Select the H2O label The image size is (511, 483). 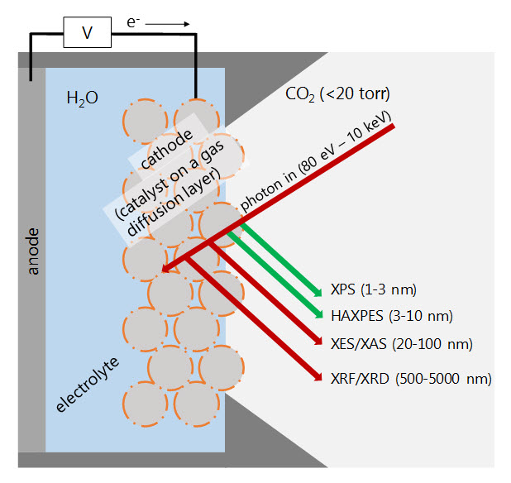(x=82, y=98)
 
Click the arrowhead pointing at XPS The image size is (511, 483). (x=317, y=291)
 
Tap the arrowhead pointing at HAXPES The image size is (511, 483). (x=317, y=313)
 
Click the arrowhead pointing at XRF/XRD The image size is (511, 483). (x=316, y=377)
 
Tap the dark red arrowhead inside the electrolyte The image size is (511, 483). (x=169, y=267)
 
